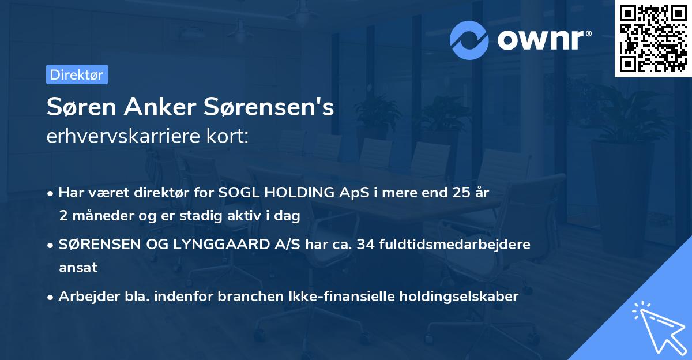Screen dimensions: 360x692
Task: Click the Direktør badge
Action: coord(77,74)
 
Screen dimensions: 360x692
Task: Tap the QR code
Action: coord(653,38)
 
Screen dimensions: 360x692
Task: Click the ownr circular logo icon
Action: coord(470,40)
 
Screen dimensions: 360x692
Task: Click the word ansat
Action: coord(78,268)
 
